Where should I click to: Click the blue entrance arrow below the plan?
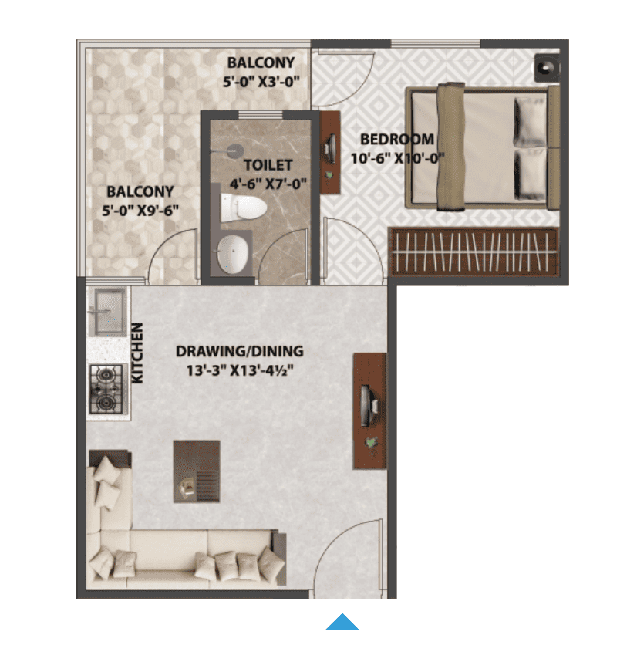point(342,623)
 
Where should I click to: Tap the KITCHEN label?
point(137,353)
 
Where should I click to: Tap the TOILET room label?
point(268,164)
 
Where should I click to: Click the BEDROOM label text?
point(397,139)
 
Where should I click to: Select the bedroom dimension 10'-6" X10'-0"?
point(398,158)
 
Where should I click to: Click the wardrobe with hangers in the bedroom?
point(474,252)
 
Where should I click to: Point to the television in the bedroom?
point(330,148)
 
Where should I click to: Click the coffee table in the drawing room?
point(197,471)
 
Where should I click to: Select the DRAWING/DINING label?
point(240,351)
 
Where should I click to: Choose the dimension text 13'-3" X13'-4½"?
point(240,370)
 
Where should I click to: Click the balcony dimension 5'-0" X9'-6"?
point(140,211)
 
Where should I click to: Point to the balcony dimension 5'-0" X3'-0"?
point(261,81)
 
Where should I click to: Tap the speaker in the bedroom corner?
point(547,68)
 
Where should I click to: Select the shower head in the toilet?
point(233,150)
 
